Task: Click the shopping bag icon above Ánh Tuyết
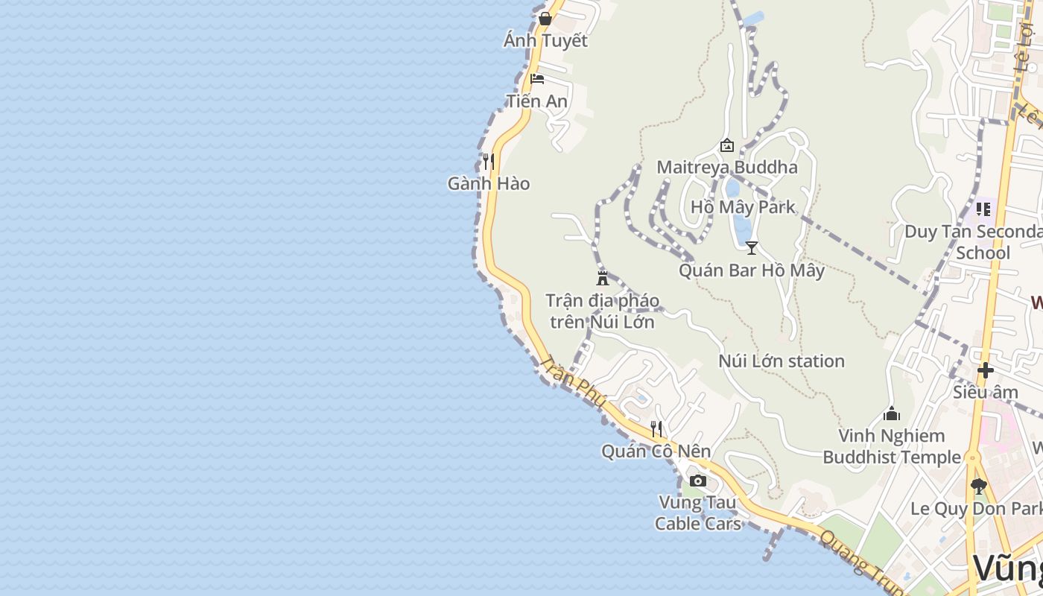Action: [545, 19]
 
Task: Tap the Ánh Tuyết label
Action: [545, 41]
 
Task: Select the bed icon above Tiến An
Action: [536, 79]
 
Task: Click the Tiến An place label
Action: [536, 101]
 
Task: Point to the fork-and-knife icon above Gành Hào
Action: [489, 161]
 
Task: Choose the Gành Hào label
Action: [489, 183]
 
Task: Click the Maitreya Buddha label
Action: [726, 167]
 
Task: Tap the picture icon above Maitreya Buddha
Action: [726, 145]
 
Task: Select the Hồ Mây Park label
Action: [743, 207]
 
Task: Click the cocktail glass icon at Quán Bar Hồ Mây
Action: [752, 248]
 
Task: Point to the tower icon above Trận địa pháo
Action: [603, 279]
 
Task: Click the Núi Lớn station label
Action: [782, 361]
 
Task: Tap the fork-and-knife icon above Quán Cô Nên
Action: [656, 428]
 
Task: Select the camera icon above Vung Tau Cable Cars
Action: [698, 481]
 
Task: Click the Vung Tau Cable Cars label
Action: [698, 513]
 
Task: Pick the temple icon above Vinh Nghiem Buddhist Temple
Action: [892, 413]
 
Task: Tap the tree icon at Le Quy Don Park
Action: [979, 486]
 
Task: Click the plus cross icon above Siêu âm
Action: [986, 370]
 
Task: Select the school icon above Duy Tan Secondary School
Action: [983, 209]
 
